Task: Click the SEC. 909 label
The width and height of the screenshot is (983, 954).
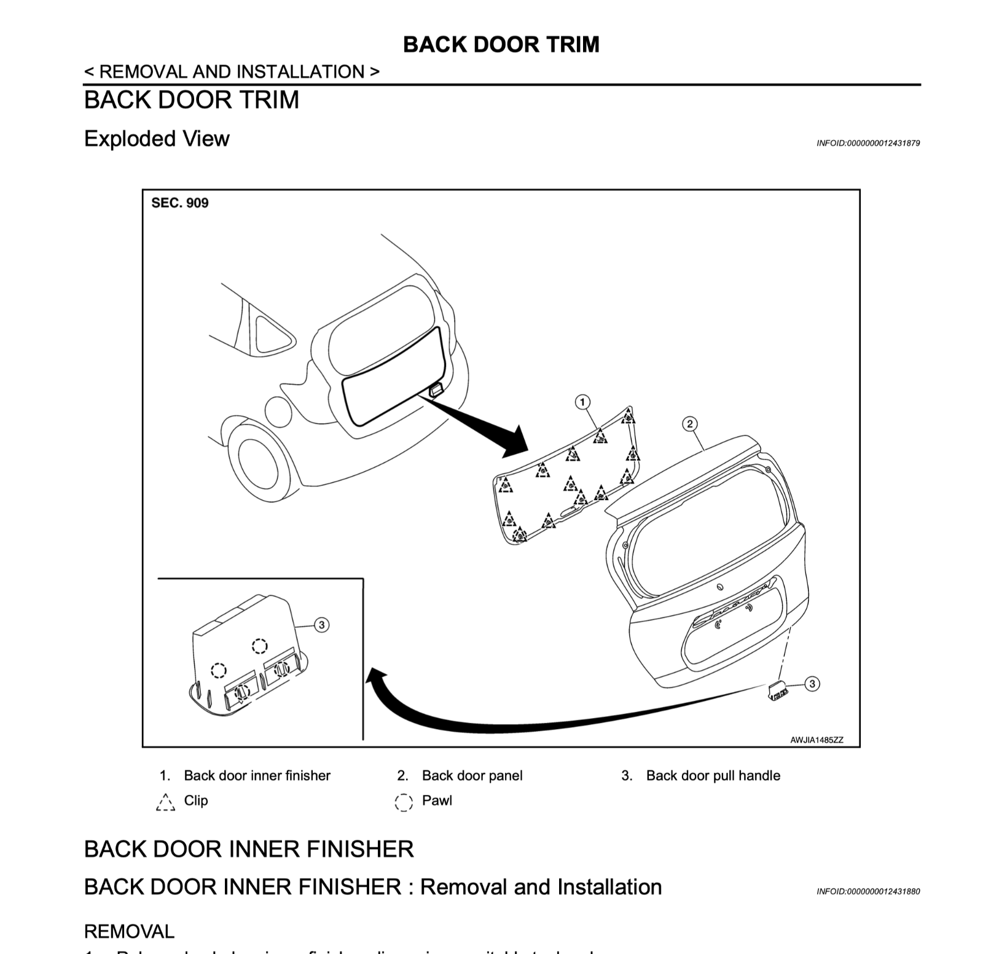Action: pos(179,203)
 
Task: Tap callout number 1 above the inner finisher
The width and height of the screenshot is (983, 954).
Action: pos(582,402)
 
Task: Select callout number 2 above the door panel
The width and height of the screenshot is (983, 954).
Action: pos(689,424)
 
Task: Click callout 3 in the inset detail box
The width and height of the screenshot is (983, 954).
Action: pos(321,625)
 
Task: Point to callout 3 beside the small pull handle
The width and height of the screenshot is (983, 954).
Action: pos(812,684)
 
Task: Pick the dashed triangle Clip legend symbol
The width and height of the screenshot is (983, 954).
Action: pos(165,802)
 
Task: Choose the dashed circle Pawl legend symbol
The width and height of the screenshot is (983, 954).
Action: pos(403,802)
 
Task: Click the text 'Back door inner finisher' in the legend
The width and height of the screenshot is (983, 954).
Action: pos(257,776)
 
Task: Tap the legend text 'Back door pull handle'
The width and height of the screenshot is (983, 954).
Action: pos(713,776)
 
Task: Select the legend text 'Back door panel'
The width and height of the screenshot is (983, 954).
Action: pos(472,776)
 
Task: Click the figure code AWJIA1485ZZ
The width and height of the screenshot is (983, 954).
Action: pos(817,740)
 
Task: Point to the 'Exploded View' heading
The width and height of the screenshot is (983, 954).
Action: pos(157,139)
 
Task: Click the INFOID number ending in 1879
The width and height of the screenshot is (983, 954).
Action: pos(867,143)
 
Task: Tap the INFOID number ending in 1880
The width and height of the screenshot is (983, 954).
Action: pos(867,891)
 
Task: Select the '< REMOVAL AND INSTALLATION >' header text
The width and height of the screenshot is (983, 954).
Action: pos(232,72)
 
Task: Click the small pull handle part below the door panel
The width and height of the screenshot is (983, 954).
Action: pos(777,690)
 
